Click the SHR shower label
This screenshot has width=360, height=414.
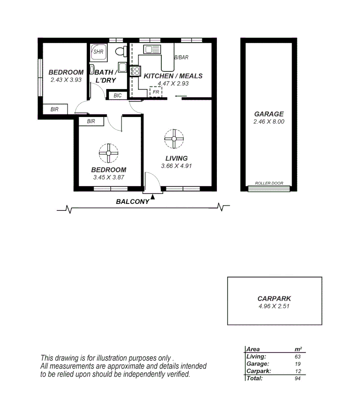[x=98, y=52]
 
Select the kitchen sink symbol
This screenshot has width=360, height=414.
[x=152, y=49]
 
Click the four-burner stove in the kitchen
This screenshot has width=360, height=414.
[x=135, y=71]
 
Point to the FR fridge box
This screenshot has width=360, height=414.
[x=155, y=92]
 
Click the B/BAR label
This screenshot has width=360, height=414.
[x=181, y=58]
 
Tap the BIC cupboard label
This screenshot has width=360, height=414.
[x=118, y=95]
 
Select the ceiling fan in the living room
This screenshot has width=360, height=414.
[x=174, y=139]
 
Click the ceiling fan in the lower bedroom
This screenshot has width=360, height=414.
[x=109, y=153]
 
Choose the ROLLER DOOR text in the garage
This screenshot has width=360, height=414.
[x=269, y=183]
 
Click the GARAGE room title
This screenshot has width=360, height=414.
[x=269, y=114]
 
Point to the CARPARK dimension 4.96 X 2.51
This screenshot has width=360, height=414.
[x=274, y=306]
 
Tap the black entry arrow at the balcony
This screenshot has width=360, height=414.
[x=153, y=197]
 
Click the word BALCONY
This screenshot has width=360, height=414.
[x=133, y=202]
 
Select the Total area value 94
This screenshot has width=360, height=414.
[x=298, y=378]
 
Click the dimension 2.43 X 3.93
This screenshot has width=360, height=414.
[x=66, y=80]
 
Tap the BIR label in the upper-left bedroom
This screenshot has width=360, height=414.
[x=54, y=109]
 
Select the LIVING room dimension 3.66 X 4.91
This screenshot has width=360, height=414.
[x=177, y=166]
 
